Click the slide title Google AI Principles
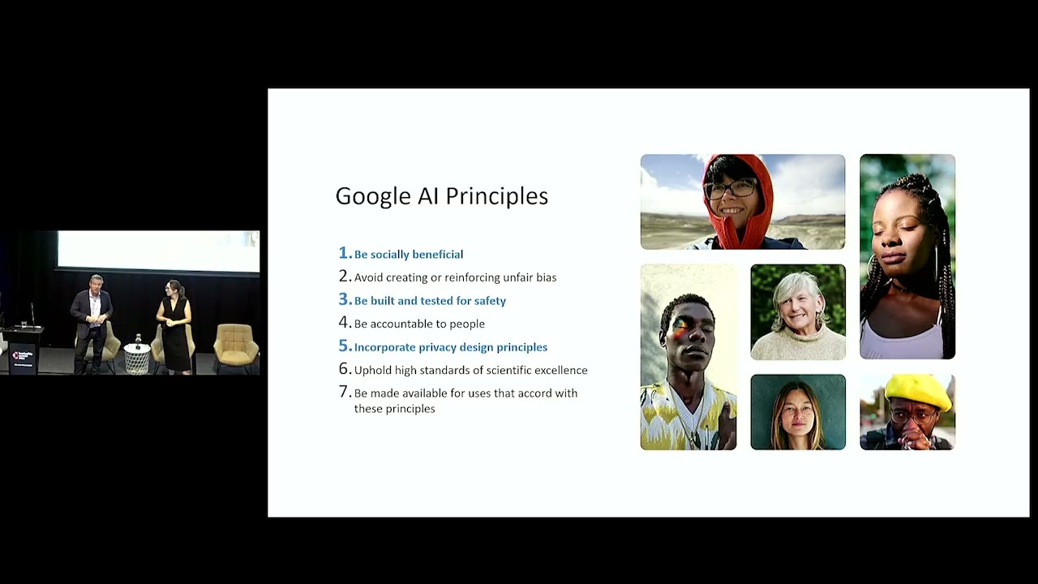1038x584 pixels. click(x=441, y=196)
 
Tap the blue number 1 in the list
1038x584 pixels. click(x=343, y=253)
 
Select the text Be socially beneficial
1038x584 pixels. click(x=409, y=255)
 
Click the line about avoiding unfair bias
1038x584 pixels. click(x=455, y=277)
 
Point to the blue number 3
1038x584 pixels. click(x=343, y=300)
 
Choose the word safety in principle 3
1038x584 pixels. click(x=490, y=301)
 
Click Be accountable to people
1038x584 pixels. click(x=419, y=324)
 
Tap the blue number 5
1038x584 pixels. click(x=343, y=346)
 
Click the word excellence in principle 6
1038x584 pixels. click(x=560, y=370)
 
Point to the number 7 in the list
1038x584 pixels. click(x=343, y=393)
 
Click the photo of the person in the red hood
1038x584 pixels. click(x=742, y=201)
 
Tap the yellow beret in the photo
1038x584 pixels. click(x=917, y=391)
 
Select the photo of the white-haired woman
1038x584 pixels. click(x=797, y=311)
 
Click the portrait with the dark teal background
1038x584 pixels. click(x=797, y=412)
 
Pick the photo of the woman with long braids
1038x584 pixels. click(x=907, y=256)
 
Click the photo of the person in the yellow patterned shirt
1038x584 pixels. click(x=688, y=357)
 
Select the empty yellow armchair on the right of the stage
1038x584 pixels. click(x=236, y=346)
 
